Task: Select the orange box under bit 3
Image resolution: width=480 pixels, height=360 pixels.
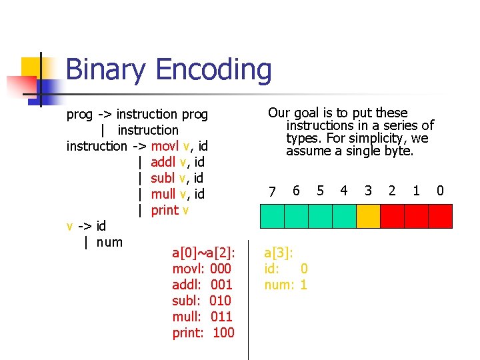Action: (x=368, y=216)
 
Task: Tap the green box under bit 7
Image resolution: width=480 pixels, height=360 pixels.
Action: (x=272, y=216)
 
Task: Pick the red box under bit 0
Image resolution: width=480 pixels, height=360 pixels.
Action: (x=440, y=216)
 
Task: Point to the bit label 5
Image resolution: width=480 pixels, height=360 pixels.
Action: (x=320, y=191)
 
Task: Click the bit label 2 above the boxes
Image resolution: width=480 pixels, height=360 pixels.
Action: (x=392, y=191)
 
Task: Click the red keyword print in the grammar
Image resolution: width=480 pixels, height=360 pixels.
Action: (x=165, y=211)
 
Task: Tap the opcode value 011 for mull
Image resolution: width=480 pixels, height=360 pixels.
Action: (x=221, y=317)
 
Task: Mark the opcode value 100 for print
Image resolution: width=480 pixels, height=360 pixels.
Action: (x=223, y=333)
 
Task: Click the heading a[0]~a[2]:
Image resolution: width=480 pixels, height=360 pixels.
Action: (x=203, y=253)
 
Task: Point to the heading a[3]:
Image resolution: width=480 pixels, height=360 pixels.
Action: (x=279, y=253)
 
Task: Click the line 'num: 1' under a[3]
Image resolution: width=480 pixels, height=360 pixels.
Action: (x=286, y=285)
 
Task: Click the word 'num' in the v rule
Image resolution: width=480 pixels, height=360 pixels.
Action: (x=109, y=242)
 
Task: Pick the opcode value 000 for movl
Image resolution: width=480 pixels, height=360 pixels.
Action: (x=221, y=269)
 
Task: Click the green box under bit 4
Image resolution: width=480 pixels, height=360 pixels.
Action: (x=344, y=216)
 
